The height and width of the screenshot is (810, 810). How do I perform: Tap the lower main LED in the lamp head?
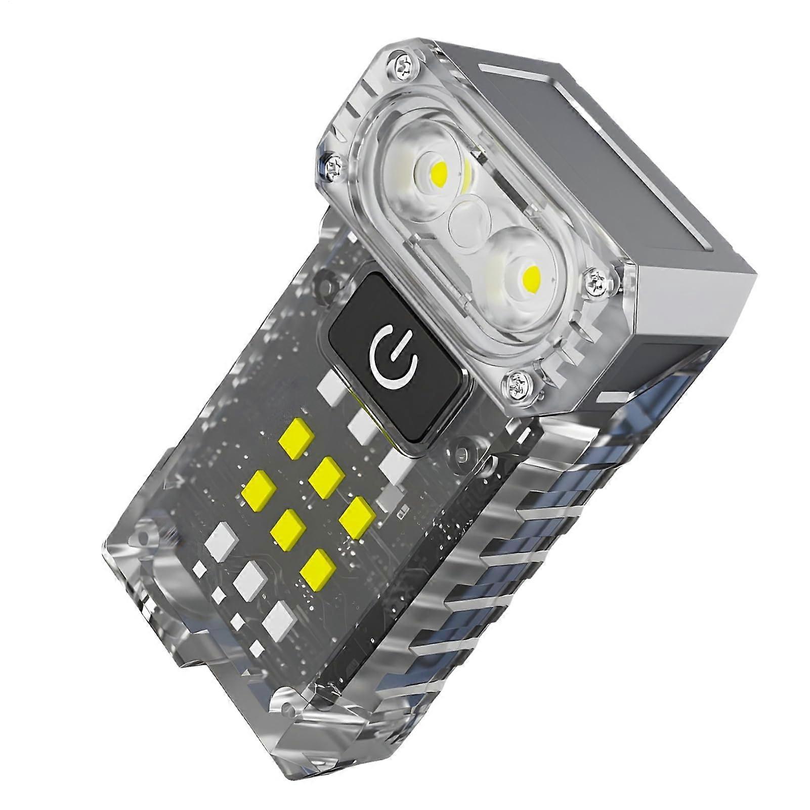[530, 276]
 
